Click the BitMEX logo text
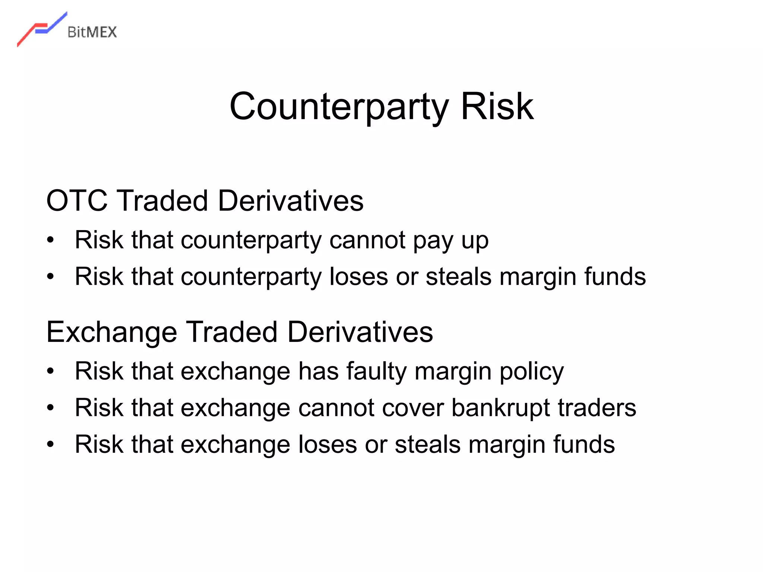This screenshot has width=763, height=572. click(92, 32)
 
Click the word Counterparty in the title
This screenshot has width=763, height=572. click(339, 107)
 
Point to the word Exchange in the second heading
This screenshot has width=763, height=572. click(111, 332)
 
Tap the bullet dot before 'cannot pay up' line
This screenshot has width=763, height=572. click(51, 240)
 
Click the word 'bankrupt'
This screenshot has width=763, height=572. click(501, 408)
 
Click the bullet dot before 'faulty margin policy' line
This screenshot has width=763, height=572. click(51, 371)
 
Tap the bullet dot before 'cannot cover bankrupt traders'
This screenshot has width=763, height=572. click(51, 408)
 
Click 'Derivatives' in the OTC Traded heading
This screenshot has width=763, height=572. click(291, 201)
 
